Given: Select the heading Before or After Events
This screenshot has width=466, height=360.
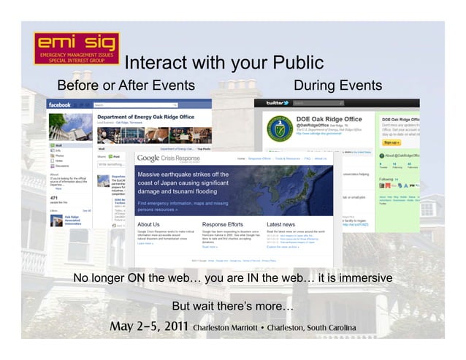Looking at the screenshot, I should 126,86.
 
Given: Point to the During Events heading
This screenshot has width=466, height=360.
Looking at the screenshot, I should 337,86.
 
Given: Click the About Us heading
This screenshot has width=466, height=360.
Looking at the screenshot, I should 148,224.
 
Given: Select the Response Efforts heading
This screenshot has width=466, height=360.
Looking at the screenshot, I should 224,224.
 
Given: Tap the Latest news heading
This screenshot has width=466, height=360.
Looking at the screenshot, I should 281,224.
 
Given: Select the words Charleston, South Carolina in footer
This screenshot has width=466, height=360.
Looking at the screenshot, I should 309,327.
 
